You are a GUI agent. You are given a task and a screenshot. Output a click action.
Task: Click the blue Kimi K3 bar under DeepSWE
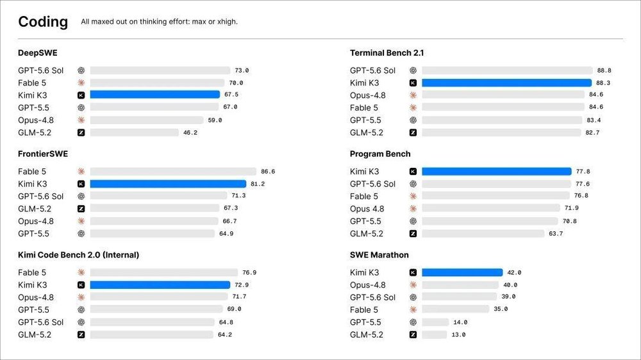tap(155, 95)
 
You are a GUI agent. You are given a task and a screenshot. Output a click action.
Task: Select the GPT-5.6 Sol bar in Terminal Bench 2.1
tap(507, 70)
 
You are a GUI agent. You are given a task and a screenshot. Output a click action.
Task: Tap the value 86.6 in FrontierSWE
tap(268, 172)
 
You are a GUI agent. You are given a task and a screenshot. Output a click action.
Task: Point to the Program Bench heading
tap(379, 154)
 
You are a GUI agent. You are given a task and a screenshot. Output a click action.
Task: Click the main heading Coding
tap(43, 22)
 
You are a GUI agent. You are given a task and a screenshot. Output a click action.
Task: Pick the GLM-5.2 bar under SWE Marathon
tap(434, 334)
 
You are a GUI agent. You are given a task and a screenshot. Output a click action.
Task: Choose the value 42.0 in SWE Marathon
tap(514, 272)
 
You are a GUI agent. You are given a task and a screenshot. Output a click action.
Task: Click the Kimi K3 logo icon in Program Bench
tap(413, 171)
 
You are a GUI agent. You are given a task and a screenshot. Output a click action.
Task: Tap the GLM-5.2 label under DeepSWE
tap(35, 133)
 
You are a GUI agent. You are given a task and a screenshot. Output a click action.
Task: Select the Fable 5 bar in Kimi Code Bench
tap(164, 272)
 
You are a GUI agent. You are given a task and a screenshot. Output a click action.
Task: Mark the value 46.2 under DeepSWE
tap(190, 133)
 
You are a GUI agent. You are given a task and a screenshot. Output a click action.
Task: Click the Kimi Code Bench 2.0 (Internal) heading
tap(78, 254)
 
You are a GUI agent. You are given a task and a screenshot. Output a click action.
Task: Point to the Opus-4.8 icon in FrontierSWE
tap(81, 221)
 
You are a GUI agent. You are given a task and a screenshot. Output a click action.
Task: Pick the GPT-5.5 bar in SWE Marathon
tap(435, 322)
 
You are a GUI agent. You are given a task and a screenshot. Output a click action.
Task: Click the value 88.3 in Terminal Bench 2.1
tap(603, 83)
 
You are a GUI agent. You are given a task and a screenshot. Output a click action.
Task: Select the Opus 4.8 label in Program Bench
tap(367, 209)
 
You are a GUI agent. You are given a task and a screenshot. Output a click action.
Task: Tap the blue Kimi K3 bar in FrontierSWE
tap(168, 184)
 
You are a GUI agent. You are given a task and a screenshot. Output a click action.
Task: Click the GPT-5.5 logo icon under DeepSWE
tap(81, 108)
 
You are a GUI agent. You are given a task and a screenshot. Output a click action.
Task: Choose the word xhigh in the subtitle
tap(227, 22)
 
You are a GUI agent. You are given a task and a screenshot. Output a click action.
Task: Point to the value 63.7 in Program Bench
tap(556, 234)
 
